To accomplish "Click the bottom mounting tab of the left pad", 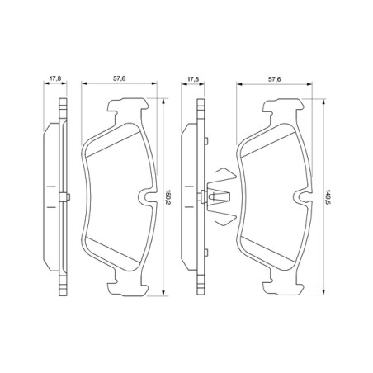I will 128,286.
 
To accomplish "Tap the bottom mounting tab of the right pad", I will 280,286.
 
